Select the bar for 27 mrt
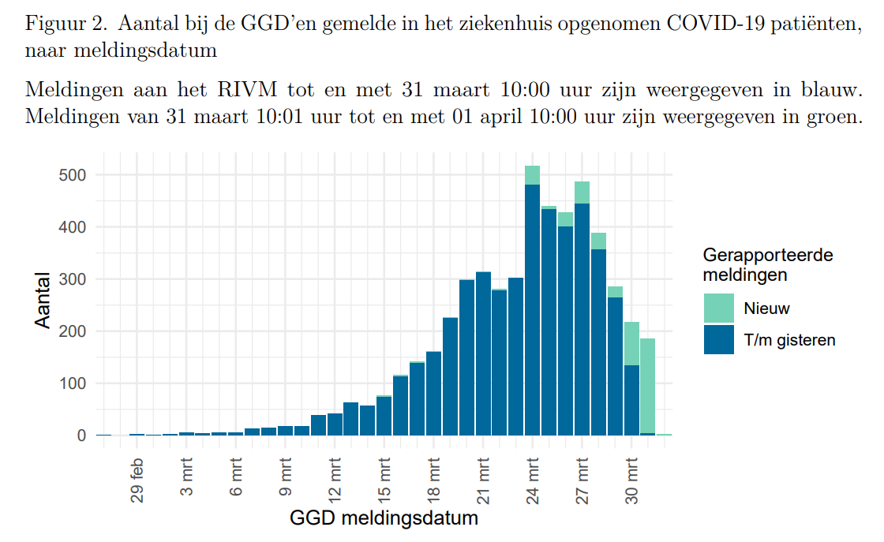point(582,316)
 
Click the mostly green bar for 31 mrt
point(648,387)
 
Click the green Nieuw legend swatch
point(719,308)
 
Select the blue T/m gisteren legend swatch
point(719,339)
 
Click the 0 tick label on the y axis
point(81,435)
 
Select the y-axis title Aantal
point(43,301)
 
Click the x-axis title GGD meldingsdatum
point(384,519)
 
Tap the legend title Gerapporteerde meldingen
point(768,265)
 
